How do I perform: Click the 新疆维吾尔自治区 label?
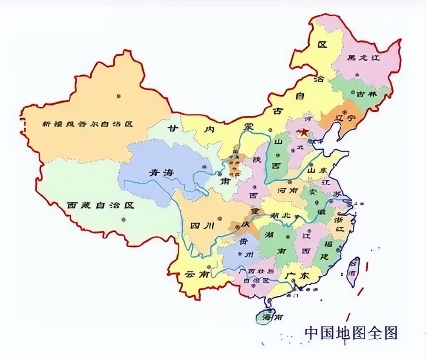pyautogui.click(x=88, y=124)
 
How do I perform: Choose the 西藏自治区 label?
pyautogui.click(x=100, y=205)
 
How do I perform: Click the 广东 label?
pyautogui.click(x=297, y=275)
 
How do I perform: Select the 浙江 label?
pyautogui.click(x=339, y=225)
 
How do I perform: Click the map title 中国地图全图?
pyautogui.click(x=351, y=333)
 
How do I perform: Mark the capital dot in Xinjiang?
pyautogui.click(x=117, y=96)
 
